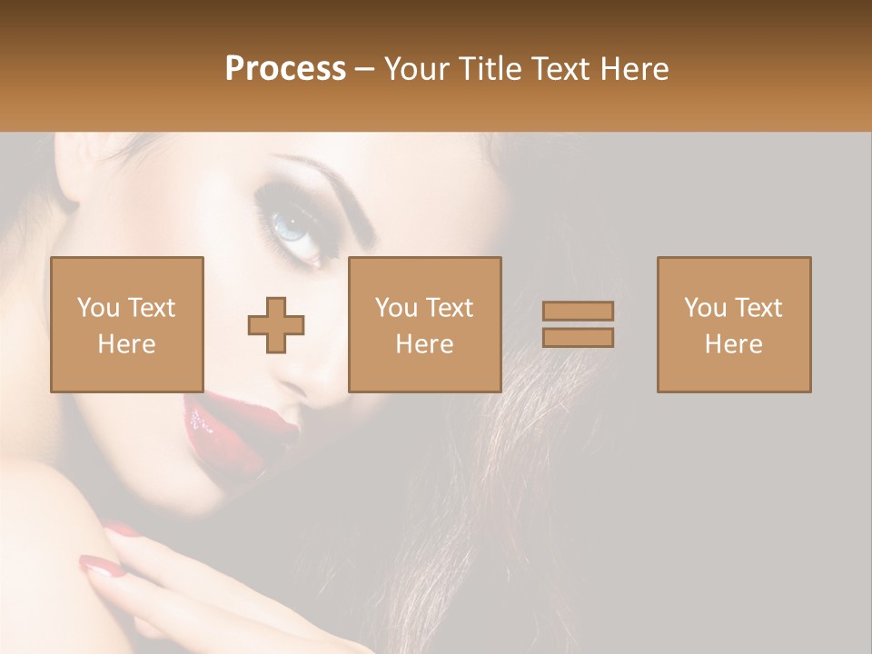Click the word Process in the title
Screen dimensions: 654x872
point(285,69)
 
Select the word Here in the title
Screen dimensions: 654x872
point(632,69)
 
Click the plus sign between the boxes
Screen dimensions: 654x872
point(276,325)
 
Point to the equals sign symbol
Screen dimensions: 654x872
point(578,324)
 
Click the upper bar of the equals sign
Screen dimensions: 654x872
point(578,311)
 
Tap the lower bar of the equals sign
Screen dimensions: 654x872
point(578,338)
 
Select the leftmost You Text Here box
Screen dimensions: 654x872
point(127,324)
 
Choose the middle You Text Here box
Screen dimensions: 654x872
point(425,324)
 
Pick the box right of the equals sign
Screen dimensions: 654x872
point(734,324)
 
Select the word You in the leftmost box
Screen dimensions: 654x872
point(97,308)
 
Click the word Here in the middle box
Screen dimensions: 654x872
point(425,344)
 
